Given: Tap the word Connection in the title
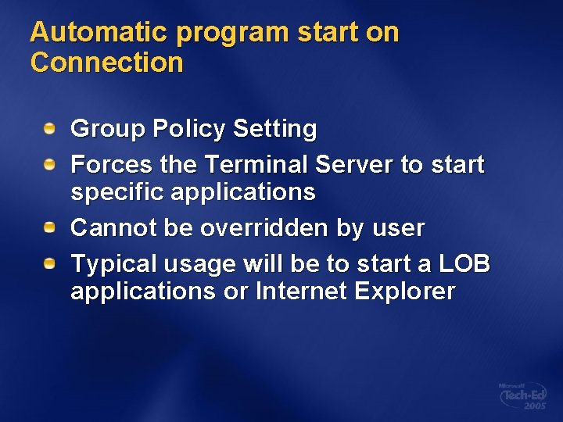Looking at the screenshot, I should tap(106, 63).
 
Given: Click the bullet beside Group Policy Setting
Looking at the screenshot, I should tap(49, 127).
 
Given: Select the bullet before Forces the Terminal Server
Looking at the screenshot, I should tap(49, 163).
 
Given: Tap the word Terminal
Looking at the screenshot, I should tap(255, 165).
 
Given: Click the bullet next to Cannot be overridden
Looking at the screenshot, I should tap(49, 227).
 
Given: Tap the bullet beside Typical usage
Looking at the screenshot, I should tap(49, 263).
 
